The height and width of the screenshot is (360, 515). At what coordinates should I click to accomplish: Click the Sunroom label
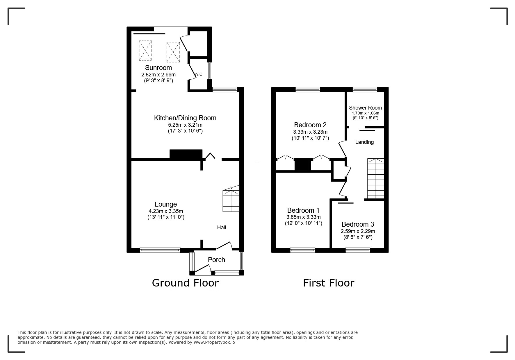click(158, 68)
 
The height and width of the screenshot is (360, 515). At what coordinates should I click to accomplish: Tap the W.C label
click(198, 74)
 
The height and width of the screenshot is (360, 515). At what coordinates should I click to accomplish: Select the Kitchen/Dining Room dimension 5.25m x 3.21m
click(185, 125)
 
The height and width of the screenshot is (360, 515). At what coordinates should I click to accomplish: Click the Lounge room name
click(165, 204)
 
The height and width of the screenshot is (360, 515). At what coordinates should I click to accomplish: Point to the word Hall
click(221, 228)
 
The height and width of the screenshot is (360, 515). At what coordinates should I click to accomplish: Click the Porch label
click(216, 260)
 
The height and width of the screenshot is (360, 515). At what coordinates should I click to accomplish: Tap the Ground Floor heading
click(185, 283)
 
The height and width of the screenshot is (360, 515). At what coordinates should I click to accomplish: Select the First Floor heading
click(329, 283)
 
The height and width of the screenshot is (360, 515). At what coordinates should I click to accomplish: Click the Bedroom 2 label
click(310, 125)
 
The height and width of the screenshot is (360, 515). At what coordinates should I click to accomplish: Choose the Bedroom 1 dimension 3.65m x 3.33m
click(303, 217)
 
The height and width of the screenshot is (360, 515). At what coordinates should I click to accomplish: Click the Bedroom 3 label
click(358, 224)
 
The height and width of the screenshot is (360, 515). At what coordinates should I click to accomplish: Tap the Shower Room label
click(365, 108)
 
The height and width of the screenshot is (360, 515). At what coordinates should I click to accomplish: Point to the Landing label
click(364, 142)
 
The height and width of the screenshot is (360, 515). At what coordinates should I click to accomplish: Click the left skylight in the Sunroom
click(145, 51)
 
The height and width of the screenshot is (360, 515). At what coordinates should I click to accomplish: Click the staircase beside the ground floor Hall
click(231, 200)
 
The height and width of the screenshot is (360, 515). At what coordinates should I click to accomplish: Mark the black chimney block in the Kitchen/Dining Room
click(186, 154)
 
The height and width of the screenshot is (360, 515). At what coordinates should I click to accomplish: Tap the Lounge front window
click(160, 250)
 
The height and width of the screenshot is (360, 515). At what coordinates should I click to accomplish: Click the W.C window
click(209, 70)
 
